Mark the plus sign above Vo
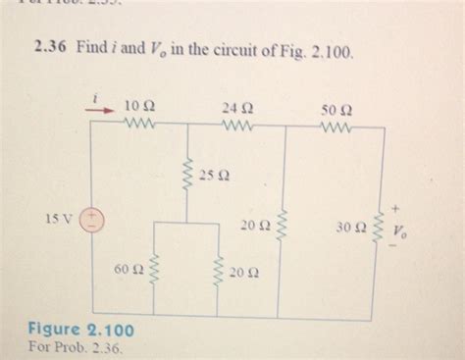(x=397, y=209)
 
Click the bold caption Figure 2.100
(x=81, y=329)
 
